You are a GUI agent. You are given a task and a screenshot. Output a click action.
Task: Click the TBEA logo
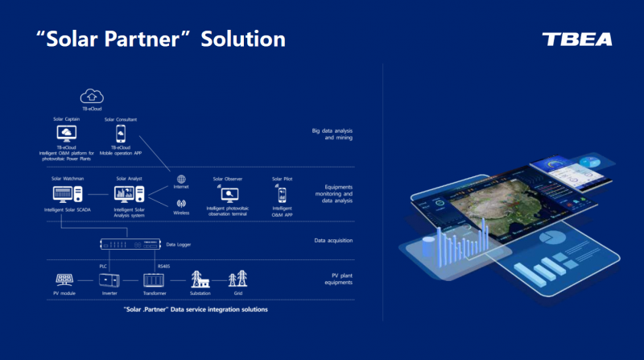tap(577, 39)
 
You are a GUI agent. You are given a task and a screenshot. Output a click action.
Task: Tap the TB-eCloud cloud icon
tap(92, 96)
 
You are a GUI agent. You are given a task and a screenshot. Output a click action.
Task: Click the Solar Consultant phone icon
tap(121, 134)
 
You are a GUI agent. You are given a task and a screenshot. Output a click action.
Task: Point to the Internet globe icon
tap(181, 180)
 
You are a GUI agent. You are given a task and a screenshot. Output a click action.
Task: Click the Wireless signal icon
tap(181, 204)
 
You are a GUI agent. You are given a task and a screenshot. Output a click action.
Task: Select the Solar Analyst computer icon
tap(129, 194)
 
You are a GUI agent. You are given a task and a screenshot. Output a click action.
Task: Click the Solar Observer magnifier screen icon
tap(229, 194)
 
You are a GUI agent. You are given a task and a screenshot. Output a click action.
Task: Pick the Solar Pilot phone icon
tap(282, 194)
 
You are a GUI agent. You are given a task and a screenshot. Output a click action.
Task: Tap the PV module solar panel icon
tap(64, 279)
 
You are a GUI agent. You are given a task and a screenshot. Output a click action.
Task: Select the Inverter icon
tap(108, 279)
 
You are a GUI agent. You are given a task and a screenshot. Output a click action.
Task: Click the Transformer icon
tap(153, 279)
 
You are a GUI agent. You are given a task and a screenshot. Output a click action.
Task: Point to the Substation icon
tap(200, 279)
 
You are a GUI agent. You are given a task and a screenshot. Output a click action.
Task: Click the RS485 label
tap(163, 266)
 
